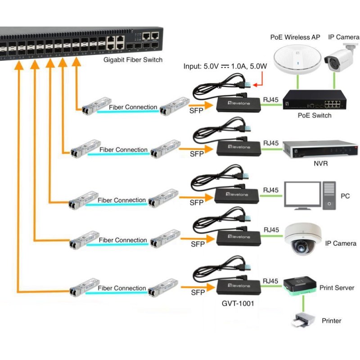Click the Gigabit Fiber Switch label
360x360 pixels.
(133, 59)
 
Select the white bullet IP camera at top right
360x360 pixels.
(341, 57)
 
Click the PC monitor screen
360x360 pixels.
(302, 194)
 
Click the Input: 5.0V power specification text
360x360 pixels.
(225, 66)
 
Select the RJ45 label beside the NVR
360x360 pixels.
(271, 144)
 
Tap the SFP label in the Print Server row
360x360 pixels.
(198, 292)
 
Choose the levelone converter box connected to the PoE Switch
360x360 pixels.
(238, 104)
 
